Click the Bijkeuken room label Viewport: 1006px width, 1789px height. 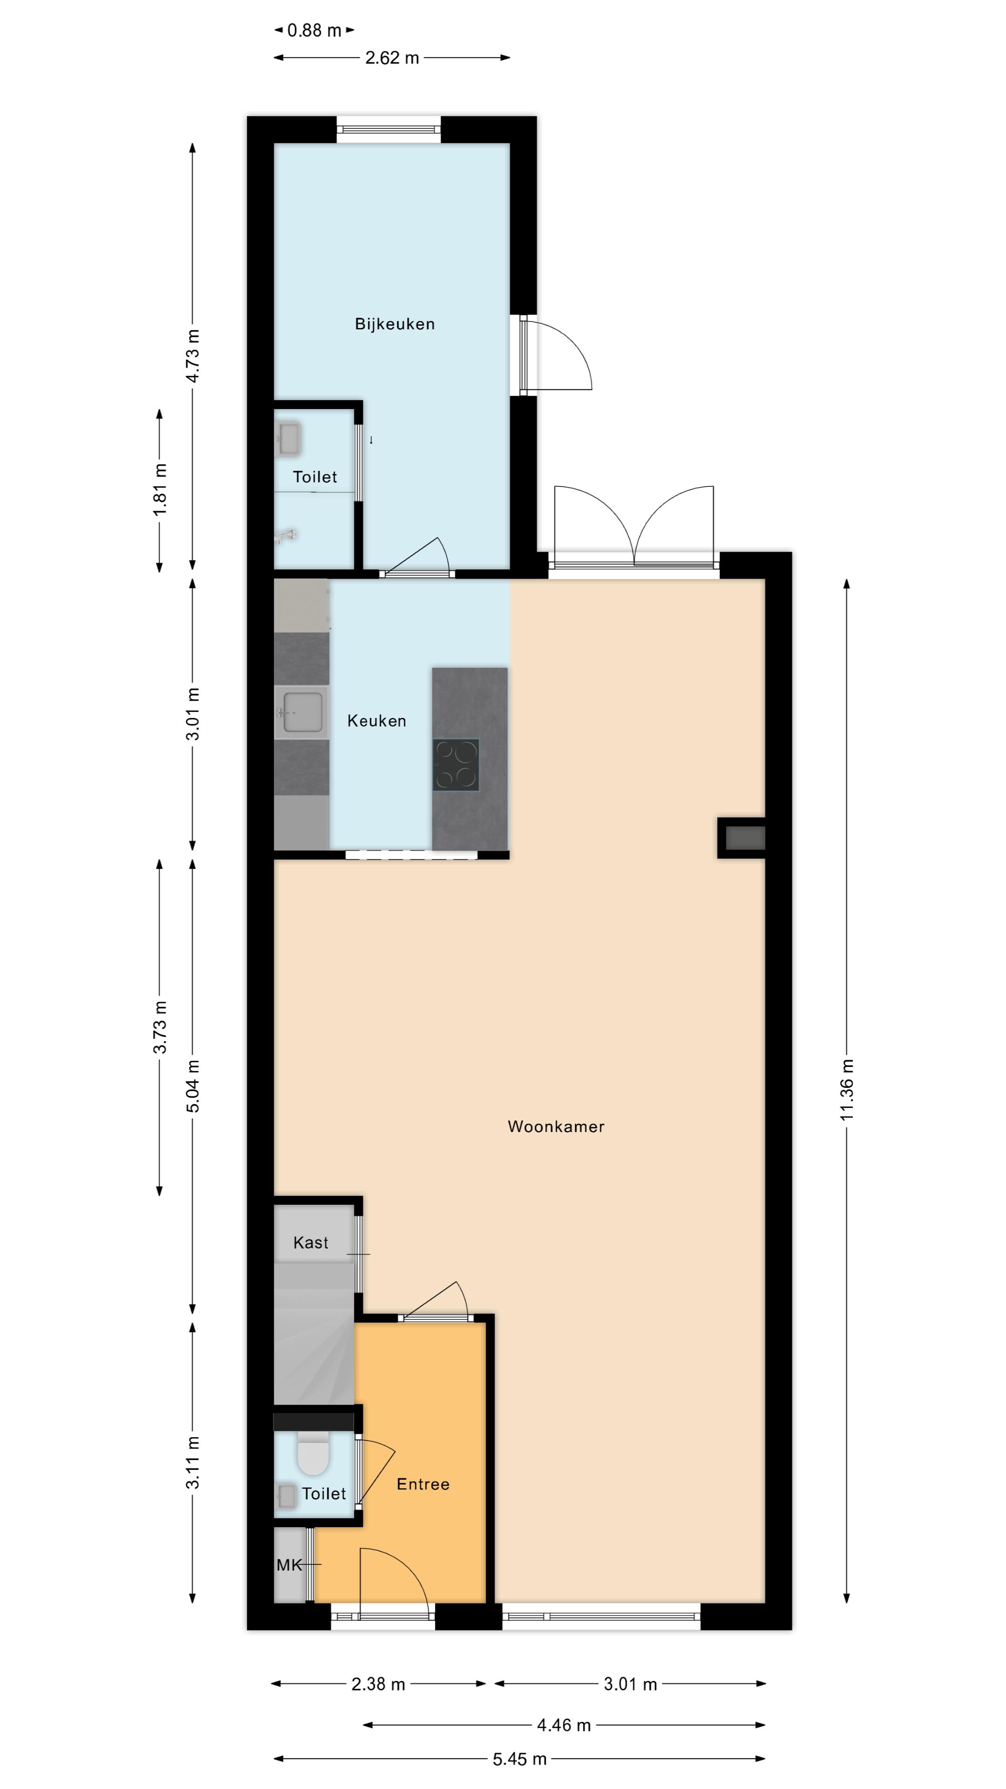[x=394, y=324]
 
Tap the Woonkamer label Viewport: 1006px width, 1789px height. [x=556, y=1127]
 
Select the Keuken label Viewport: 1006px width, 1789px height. [x=376, y=721]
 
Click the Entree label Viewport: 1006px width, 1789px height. [x=423, y=1484]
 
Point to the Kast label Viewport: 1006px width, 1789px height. [x=310, y=1243]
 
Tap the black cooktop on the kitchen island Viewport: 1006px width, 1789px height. [x=456, y=765]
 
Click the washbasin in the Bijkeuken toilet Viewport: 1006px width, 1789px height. [x=289, y=439]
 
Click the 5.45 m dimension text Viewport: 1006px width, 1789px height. [x=519, y=1758]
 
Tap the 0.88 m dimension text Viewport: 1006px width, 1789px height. [x=314, y=31]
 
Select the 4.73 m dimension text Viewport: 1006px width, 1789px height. [x=192, y=356]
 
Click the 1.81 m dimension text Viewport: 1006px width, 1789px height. [x=160, y=489]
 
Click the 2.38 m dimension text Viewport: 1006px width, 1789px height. [x=378, y=1683]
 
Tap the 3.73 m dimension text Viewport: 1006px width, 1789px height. [x=160, y=1027]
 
